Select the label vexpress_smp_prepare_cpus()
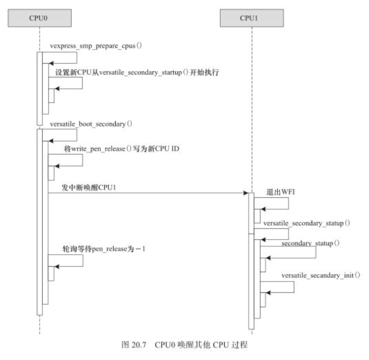pos(96,46)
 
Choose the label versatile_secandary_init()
pos(320,275)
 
